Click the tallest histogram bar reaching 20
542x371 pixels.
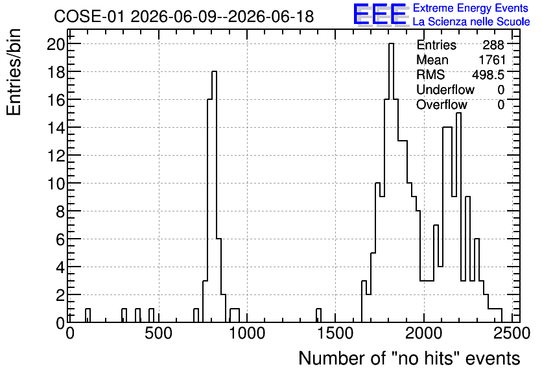tap(392, 183)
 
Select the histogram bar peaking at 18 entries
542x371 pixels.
tap(214, 197)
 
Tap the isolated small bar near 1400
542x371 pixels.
tap(318, 316)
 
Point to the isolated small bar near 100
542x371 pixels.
tap(88, 316)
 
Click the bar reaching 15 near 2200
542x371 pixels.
tap(458, 218)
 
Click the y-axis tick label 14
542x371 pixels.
tap(56, 128)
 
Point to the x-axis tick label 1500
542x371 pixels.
tap(335, 333)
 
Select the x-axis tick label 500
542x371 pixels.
tap(158, 333)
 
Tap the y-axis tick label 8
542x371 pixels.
tap(60, 211)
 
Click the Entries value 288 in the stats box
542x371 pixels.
tap(493, 45)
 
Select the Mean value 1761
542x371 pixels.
tap(492, 60)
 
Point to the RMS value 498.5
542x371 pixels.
tap(488, 75)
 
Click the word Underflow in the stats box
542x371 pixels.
tap(445, 90)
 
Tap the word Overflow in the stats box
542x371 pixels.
tap(442, 104)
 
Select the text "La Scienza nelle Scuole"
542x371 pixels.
tap(471, 21)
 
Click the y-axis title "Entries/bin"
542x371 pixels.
tap(14, 73)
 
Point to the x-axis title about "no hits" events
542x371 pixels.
tap(409, 358)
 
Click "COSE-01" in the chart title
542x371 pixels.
tap(89, 16)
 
